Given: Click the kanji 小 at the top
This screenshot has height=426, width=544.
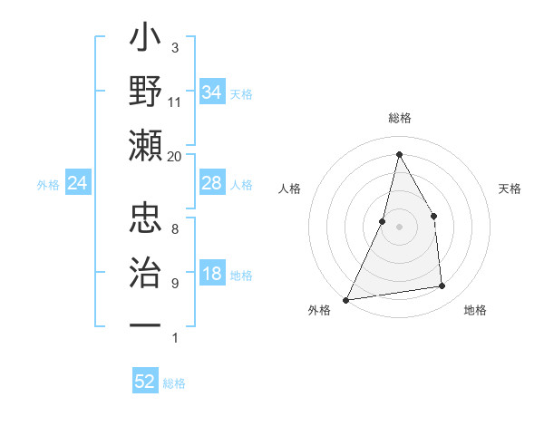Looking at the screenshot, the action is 146,42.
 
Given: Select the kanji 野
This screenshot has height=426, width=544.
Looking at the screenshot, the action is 146,93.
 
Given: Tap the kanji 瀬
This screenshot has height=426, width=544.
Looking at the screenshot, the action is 146,145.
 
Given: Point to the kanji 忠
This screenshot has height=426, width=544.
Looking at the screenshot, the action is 146,218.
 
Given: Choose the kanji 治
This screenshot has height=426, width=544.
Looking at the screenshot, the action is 146,272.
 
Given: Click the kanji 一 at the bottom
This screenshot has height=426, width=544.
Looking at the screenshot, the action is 146,324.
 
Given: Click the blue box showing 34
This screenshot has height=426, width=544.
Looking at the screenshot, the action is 211,92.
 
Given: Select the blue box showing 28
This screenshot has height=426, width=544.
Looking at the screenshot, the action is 211,183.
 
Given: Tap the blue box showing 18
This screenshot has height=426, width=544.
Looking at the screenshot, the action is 211,275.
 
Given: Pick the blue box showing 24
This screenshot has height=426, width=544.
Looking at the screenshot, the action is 77,184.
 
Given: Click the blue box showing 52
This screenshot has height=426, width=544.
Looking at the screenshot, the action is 145,382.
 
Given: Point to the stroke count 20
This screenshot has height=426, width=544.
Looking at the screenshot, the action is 175,156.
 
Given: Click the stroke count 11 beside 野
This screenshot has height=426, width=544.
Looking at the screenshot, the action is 175,102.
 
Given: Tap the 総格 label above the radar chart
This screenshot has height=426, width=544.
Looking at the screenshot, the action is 399,118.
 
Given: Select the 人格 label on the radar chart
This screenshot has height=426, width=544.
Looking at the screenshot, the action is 290,189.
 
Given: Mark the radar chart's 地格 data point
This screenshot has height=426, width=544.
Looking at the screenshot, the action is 442,286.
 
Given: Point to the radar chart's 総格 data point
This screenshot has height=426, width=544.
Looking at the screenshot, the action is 399,154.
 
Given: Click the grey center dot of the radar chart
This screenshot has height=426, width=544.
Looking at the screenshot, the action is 399,227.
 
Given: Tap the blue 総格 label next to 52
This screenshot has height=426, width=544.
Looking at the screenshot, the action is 174,383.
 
